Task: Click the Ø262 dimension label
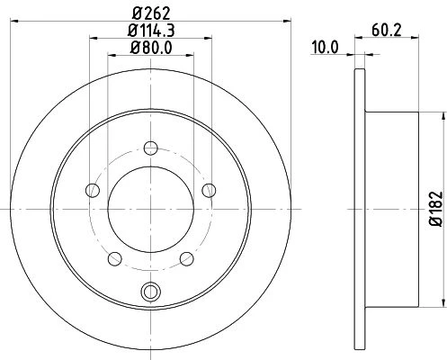[x=151, y=13]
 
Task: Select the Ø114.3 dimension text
[x=151, y=31]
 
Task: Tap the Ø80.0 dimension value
[x=151, y=48]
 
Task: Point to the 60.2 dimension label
[x=387, y=31]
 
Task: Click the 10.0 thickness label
[x=325, y=48]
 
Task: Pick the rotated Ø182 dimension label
[x=436, y=209]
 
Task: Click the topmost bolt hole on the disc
[x=151, y=148]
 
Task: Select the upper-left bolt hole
[x=93, y=190]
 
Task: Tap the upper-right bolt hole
[x=209, y=190]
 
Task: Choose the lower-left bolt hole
[x=115, y=259]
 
